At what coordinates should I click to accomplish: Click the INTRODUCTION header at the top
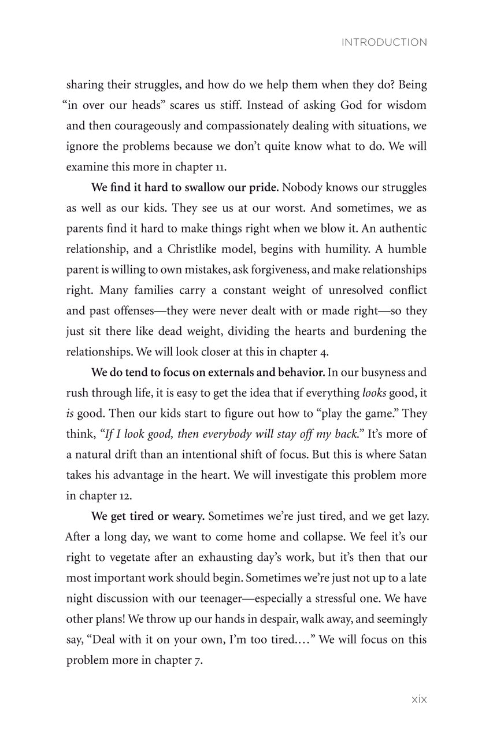coord(384,42)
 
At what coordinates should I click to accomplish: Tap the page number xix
coord(419,700)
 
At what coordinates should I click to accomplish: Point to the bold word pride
coord(264,188)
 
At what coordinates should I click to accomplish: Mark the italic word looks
coord(375,393)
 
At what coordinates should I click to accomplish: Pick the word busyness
coord(380,372)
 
